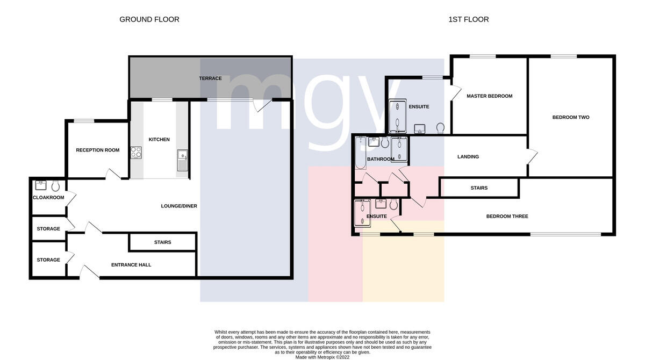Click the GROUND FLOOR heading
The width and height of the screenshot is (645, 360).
[149, 19]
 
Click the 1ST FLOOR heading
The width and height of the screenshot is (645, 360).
[469, 19]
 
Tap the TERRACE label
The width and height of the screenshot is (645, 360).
[210, 78]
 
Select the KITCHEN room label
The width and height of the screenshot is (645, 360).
[159, 140]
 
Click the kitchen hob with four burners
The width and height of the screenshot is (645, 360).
[136, 153]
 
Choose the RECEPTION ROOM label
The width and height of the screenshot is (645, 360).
[98, 150]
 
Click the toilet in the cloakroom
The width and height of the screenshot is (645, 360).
[55, 186]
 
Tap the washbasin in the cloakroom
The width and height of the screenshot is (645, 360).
[41, 185]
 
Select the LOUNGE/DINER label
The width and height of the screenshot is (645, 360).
[179, 206]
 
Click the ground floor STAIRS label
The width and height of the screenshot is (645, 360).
[162, 242]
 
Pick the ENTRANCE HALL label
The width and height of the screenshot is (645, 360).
[131, 265]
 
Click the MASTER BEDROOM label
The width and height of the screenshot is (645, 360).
[490, 96]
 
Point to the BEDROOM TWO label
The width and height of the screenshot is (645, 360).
[571, 118]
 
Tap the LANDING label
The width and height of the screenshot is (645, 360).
[468, 157]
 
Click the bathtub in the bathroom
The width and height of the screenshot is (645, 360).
[361, 153]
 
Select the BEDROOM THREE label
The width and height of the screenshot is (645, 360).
[507, 217]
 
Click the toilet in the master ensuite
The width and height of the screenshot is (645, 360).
[440, 128]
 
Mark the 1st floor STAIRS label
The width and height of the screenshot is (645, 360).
[479, 188]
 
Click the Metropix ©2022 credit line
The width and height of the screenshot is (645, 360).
[322, 357]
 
